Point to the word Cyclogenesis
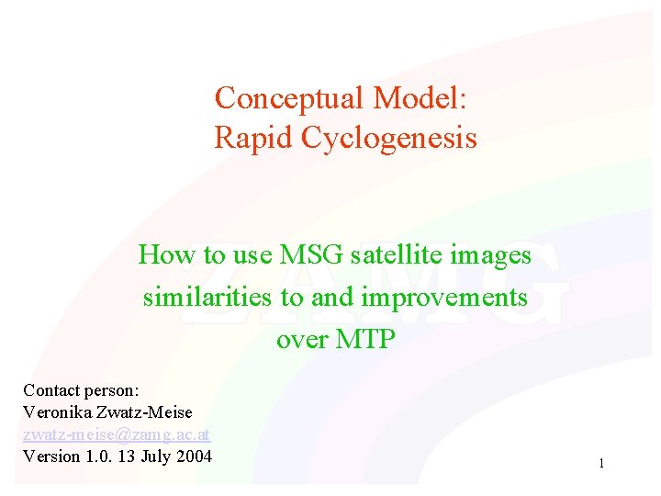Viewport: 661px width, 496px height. coord(386,139)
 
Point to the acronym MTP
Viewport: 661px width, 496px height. coord(367,340)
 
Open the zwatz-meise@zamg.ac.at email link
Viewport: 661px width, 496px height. coord(117,434)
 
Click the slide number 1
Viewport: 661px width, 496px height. coord(601,464)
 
